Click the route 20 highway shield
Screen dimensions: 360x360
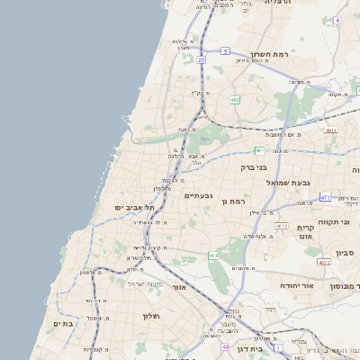pyautogui.click(x=202, y=59)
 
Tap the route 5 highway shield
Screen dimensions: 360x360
pyautogui.click(x=224, y=51)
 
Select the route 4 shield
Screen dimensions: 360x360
pyautogui.click(x=337, y=19)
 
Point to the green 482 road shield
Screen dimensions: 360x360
pyautogui.click(x=234, y=100)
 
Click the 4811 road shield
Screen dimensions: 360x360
pyautogui.click(x=331, y=130)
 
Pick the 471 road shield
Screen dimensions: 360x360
pyautogui.click(x=325, y=197)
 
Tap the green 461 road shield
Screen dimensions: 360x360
pyautogui.click(x=212, y=256)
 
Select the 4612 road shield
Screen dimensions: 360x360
pyautogui.click(x=282, y=226)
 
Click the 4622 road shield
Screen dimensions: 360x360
pyautogui.click(x=323, y=263)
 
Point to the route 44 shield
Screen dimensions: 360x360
pyautogui.click(x=225, y=346)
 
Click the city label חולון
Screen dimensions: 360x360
pyautogui.click(x=150, y=316)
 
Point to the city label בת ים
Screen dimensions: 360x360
pyautogui.click(x=61, y=323)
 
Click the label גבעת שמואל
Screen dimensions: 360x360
pyautogui.click(x=288, y=183)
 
